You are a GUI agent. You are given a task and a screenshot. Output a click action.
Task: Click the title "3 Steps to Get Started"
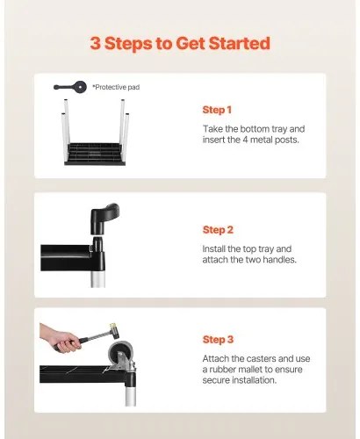(180, 43)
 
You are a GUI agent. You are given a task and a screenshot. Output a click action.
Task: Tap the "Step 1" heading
(217, 110)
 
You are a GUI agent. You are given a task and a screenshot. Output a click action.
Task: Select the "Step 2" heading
(218, 230)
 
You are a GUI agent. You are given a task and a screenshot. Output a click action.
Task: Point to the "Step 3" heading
(218, 340)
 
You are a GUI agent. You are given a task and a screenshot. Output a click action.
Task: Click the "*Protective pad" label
(116, 87)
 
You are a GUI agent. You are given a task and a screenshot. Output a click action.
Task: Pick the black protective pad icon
(70, 87)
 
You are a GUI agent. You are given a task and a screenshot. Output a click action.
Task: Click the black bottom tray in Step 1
(95, 155)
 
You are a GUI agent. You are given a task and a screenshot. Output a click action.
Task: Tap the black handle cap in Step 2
(104, 219)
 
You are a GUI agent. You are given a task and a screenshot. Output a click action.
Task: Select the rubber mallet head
(115, 331)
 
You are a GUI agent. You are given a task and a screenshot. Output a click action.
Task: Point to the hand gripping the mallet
(60, 338)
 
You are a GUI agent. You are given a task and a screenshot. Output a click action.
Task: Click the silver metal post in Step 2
(97, 279)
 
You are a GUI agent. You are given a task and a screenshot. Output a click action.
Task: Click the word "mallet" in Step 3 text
(248, 370)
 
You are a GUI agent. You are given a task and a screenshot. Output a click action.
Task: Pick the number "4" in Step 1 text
(246, 140)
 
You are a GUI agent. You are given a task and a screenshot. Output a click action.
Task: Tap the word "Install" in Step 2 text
(213, 248)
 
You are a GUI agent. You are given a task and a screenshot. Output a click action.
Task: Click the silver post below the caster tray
(131, 396)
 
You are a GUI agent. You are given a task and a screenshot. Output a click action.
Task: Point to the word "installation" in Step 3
(254, 380)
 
